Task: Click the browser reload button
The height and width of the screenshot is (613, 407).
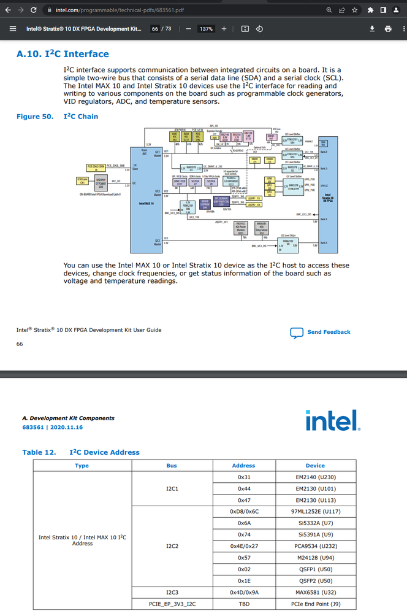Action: tap(32, 10)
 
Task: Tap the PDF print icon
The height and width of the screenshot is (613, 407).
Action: tap(387, 29)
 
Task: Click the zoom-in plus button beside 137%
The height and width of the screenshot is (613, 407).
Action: tap(224, 29)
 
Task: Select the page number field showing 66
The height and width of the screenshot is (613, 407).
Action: tap(155, 29)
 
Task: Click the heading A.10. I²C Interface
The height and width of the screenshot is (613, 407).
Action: tap(63, 54)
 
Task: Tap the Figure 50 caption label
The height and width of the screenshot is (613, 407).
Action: tap(34, 117)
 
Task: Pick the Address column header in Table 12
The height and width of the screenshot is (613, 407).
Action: tap(243, 465)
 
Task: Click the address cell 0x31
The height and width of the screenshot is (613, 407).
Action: tap(243, 477)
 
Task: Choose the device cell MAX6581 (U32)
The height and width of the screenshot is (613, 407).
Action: tap(315, 592)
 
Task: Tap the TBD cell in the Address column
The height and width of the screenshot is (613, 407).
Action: tap(243, 604)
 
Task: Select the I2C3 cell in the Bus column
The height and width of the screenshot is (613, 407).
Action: tap(172, 592)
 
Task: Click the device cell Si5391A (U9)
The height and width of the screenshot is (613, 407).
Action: tap(315, 534)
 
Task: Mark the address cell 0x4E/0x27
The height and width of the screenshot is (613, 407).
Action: tap(243, 546)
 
